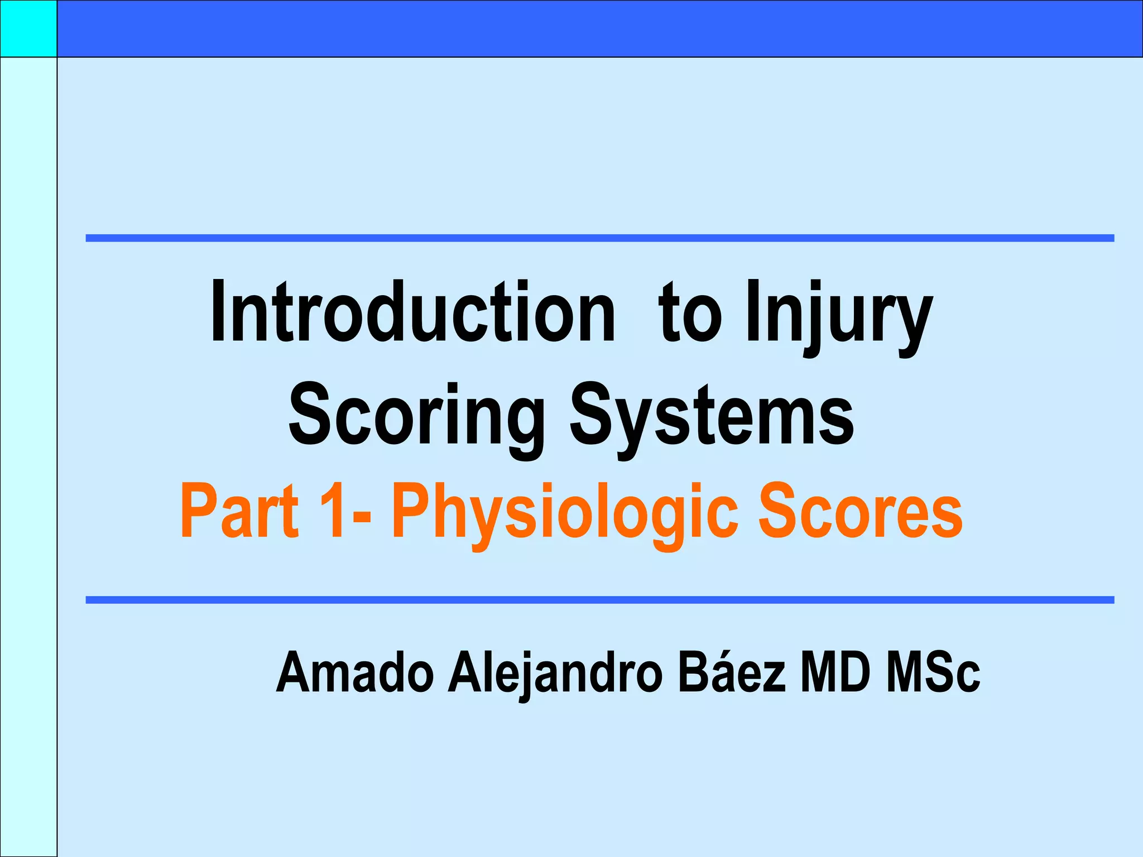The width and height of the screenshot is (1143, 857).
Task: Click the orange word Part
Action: [x=239, y=511]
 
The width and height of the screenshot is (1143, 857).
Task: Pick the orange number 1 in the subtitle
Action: [x=335, y=511]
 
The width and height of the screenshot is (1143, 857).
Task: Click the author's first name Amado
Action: [x=355, y=673]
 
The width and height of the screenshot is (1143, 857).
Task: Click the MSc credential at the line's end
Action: [x=933, y=673]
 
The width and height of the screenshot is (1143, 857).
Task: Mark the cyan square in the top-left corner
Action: [x=28, y=28]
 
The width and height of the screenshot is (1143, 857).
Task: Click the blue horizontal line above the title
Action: [x=600, y=238]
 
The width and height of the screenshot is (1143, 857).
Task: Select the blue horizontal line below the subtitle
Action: [x=600, y=600]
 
